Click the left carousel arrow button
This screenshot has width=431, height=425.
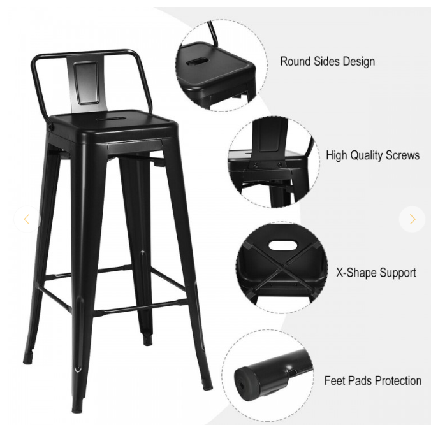26,219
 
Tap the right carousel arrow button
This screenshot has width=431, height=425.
413,219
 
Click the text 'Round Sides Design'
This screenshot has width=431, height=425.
327,62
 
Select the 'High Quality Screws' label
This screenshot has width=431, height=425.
373,155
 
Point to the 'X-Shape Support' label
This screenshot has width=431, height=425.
376,273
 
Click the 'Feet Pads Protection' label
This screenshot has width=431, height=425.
373,381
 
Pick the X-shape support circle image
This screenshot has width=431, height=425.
281,268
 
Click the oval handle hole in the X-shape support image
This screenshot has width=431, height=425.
281,245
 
